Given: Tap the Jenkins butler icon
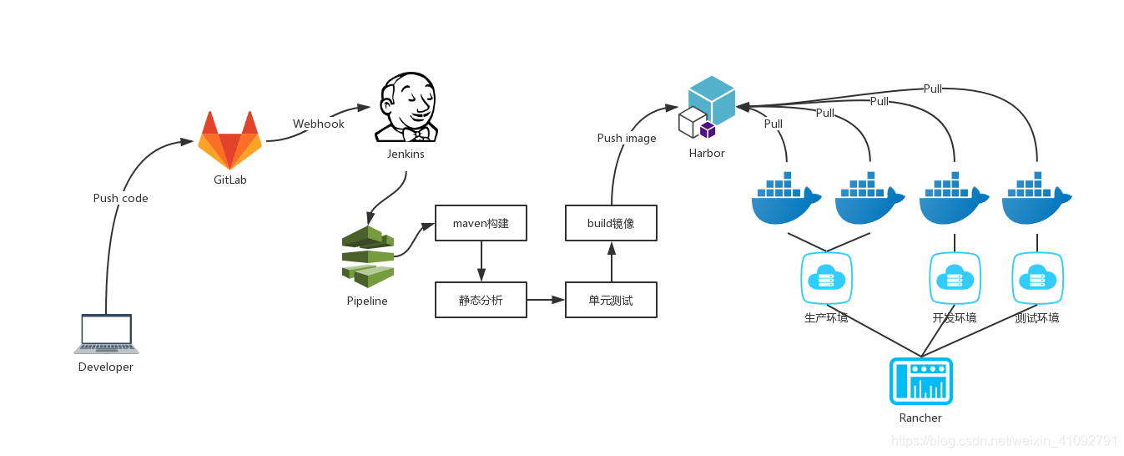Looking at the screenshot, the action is point(406,107).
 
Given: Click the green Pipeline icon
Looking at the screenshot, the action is point(368,256).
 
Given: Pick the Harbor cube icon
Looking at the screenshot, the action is point(707,107).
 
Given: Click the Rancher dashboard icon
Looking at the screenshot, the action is point(920,381).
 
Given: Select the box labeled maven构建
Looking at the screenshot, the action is point(481,223).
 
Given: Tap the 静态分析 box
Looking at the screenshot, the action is point(481,300).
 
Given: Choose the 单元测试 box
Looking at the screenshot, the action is point(611,300).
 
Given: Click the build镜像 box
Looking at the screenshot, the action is point(611,223).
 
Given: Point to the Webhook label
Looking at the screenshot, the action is point(319,124).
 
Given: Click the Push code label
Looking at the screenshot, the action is point(120,199).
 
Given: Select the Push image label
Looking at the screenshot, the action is point(627,138).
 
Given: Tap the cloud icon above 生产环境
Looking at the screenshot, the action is point(826,278).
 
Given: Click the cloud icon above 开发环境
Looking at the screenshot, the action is point(955,278).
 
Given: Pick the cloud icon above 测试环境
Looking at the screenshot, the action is point(1037,278).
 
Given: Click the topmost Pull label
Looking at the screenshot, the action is point(933,89).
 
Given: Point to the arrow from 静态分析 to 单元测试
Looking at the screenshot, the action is point(546,300).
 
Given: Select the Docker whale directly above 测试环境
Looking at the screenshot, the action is point(1036,198).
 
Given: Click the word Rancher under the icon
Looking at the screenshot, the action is point(920,418).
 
